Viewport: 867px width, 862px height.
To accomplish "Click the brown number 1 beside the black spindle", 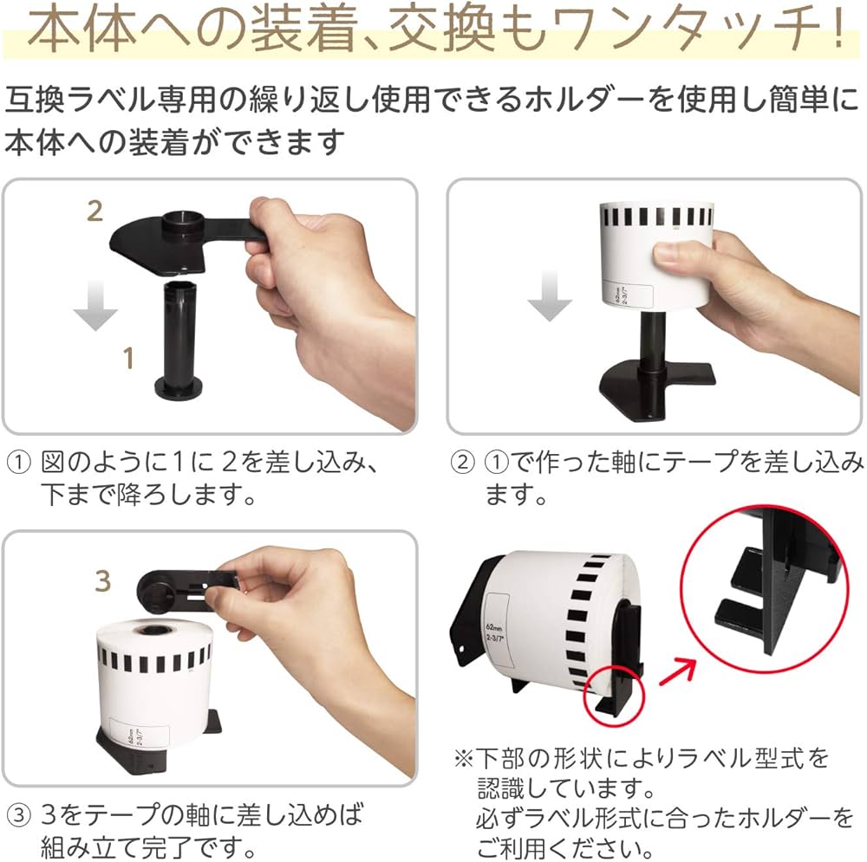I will (128, 357).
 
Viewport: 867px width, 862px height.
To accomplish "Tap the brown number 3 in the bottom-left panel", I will (103, 581).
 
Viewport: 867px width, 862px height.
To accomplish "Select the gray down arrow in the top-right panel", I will (551, 297).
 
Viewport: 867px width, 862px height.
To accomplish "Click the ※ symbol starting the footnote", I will (461, 760).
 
